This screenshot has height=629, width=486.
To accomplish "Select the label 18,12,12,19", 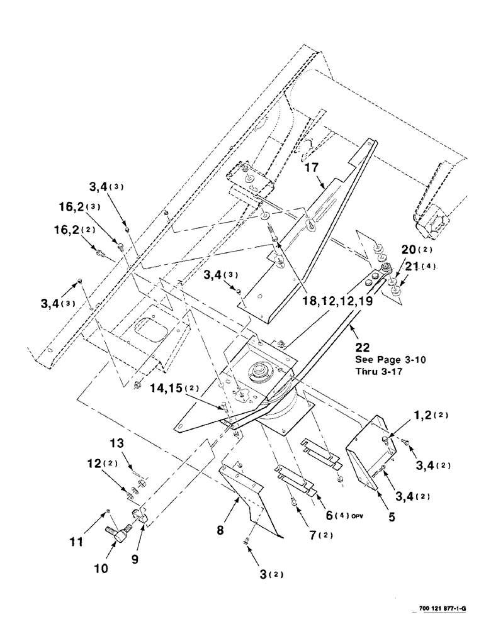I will pyautogui.click(x=336, y=301).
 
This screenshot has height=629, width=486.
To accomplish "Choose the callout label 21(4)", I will pyautogui.click(x=419, y=267).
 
